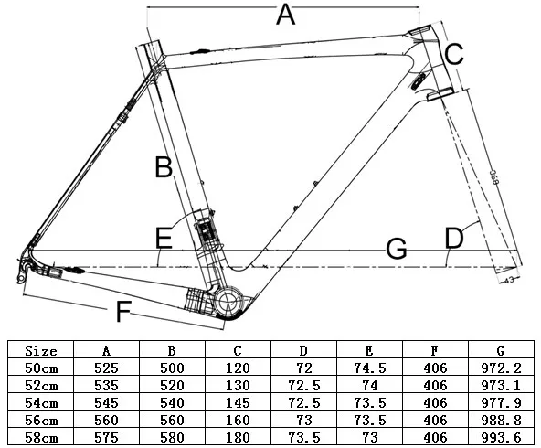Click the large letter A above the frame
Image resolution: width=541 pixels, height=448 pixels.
[286, 16]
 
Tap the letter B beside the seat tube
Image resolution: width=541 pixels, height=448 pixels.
[163, 167]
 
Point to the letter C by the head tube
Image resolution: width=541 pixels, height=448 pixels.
[454, 55]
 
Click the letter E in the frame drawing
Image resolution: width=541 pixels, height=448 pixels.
[163, 239]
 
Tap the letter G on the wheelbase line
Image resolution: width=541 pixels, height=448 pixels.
[396, 249]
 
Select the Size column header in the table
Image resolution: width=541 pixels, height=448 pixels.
[41, 350]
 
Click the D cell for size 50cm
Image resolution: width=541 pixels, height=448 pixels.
[304, 368]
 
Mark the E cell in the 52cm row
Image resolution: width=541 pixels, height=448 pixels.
[370, 385]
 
